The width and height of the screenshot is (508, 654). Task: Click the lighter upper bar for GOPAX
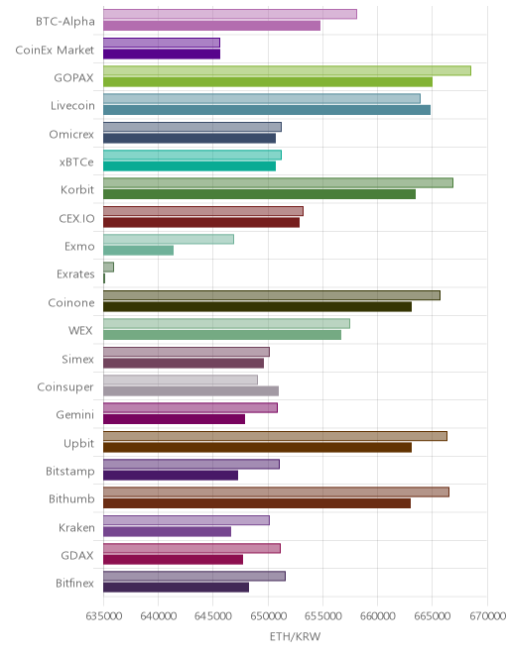287,70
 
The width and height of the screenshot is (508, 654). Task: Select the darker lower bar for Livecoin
267,110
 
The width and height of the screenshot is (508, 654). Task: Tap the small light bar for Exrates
108,267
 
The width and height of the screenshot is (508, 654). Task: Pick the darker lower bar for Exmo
138,251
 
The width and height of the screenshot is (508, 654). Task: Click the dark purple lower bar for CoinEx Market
162,54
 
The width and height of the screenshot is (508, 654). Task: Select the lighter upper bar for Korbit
278,182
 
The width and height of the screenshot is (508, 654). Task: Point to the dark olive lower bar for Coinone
257,306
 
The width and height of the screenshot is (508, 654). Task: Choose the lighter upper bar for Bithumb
276,492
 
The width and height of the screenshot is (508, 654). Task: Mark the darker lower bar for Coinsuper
190,390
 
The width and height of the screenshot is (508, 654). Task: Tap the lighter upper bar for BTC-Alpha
230,14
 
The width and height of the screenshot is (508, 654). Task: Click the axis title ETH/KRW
295,636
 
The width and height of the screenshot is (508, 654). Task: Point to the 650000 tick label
268,615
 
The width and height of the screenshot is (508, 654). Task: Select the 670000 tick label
487,615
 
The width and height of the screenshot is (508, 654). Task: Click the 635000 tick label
103,615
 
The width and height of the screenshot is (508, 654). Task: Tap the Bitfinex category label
74,583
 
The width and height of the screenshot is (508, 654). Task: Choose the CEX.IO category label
76,218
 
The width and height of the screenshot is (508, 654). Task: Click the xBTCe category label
76,162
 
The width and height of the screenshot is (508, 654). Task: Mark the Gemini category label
75,414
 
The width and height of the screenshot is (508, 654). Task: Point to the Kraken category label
76,527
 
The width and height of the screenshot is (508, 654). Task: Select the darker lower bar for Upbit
257,448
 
